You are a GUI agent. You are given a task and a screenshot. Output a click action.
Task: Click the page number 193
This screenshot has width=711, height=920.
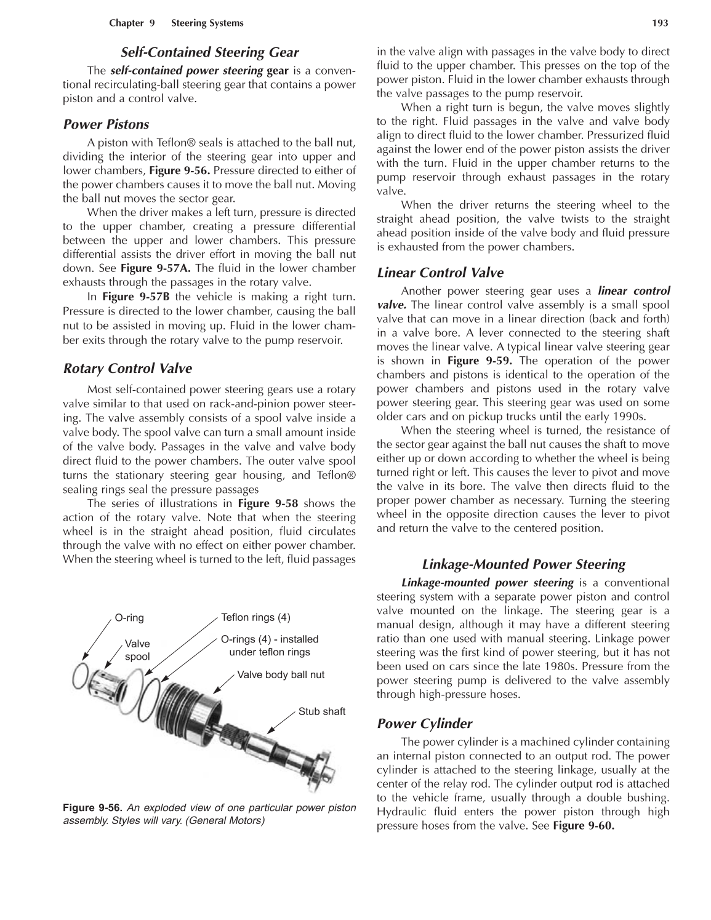coord(660,23)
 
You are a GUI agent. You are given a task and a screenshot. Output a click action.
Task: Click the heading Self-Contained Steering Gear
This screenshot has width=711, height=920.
coord(209,52)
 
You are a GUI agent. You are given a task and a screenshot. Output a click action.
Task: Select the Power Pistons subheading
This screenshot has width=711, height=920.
coord(106,124)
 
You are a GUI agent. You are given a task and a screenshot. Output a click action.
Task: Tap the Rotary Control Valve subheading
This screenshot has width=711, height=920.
coord(127,369)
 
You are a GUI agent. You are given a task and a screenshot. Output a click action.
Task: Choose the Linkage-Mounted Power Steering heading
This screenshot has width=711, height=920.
coord(523,564)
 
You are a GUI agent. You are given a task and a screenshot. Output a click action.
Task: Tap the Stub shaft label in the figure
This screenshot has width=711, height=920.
coord(321,711)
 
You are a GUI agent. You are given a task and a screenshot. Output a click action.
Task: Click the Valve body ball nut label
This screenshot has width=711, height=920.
coord(281,674)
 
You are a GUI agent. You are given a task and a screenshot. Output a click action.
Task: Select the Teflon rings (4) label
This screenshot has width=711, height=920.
coord(255,617)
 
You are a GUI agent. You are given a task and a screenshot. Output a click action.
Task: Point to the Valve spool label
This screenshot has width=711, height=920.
coord(137,650)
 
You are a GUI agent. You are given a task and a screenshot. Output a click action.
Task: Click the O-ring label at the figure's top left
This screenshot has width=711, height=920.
coord(129,618)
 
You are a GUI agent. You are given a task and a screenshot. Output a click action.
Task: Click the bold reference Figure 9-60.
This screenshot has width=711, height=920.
coord(584,826)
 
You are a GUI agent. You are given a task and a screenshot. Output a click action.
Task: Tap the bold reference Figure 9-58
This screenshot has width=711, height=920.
coord(268,503)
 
